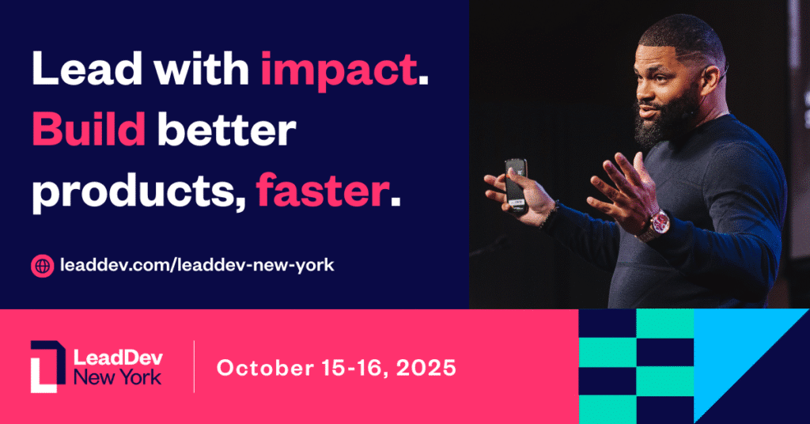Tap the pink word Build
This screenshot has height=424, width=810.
coord(89,131)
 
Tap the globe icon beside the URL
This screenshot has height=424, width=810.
coord(42,266)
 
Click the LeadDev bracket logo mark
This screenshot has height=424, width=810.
coord(47,366)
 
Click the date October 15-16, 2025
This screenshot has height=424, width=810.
coord(336,368)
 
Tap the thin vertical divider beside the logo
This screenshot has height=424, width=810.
coord(194,366)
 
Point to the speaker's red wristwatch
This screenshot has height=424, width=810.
coord(656,225)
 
